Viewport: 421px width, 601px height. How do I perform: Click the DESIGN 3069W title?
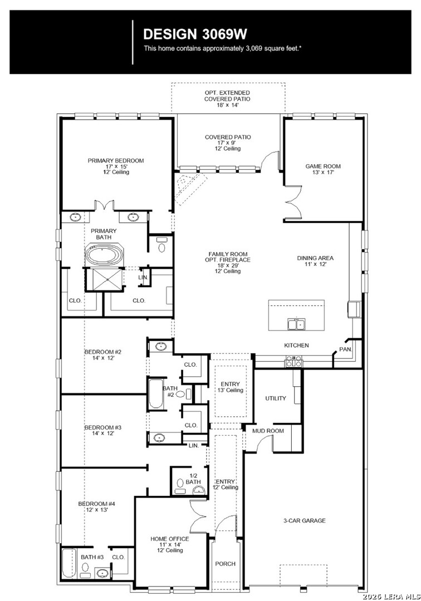[x=195, y=34]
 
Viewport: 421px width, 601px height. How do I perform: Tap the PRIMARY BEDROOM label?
[x=116, y=161]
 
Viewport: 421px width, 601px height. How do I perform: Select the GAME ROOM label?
[x=323, y=166]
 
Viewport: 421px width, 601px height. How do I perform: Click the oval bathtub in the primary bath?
[x=104, y=254]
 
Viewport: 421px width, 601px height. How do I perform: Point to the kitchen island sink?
[x=296, y=324]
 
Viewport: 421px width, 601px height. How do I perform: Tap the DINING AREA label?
[x=315, y=258]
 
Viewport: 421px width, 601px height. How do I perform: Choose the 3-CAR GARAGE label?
[x=305, y=520]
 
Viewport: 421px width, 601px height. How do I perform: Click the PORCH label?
[x=226, y=563]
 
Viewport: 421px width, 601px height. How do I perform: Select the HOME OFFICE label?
[x=169, y=539]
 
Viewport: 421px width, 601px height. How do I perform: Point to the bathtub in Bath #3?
[x=69, y=563]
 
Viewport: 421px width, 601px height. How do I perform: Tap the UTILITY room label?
[x=276, y=398]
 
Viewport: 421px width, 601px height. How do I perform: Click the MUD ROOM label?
[x=268, y=431]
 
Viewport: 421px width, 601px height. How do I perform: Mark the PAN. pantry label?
[x=345, y=349]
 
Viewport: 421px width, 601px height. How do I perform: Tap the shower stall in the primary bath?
[x=104, y=280]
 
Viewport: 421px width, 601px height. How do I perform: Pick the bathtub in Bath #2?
[x=156, y=394]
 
